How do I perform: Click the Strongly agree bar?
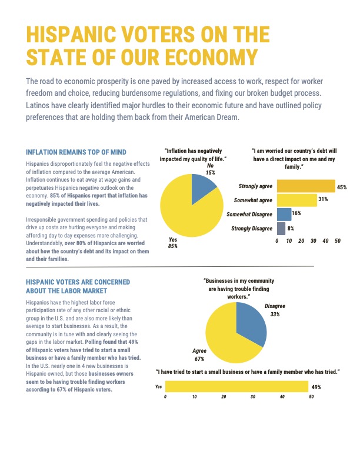click(x=306, y=186)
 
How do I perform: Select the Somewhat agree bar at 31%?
click(x=297, y=200)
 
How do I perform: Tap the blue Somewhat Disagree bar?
click(x=284, y=215)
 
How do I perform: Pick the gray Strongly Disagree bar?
click(x=281, y=229)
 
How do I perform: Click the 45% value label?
click(x=342, y=187)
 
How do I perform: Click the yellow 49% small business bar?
click(x=236, y=386)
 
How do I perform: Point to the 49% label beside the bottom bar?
click(x=316, y=387)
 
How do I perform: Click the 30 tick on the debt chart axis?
click(x=314, y=241)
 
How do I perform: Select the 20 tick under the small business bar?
click(x=224, y=396)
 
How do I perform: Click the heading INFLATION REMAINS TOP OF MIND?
click(x=76, y=152)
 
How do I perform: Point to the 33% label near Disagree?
click(x=275, y=314)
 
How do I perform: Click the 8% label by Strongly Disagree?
click(x=291, y=228)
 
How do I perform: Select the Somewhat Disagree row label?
click(x=249, y=214)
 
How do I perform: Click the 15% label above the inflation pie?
click(x=210, y=172)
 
